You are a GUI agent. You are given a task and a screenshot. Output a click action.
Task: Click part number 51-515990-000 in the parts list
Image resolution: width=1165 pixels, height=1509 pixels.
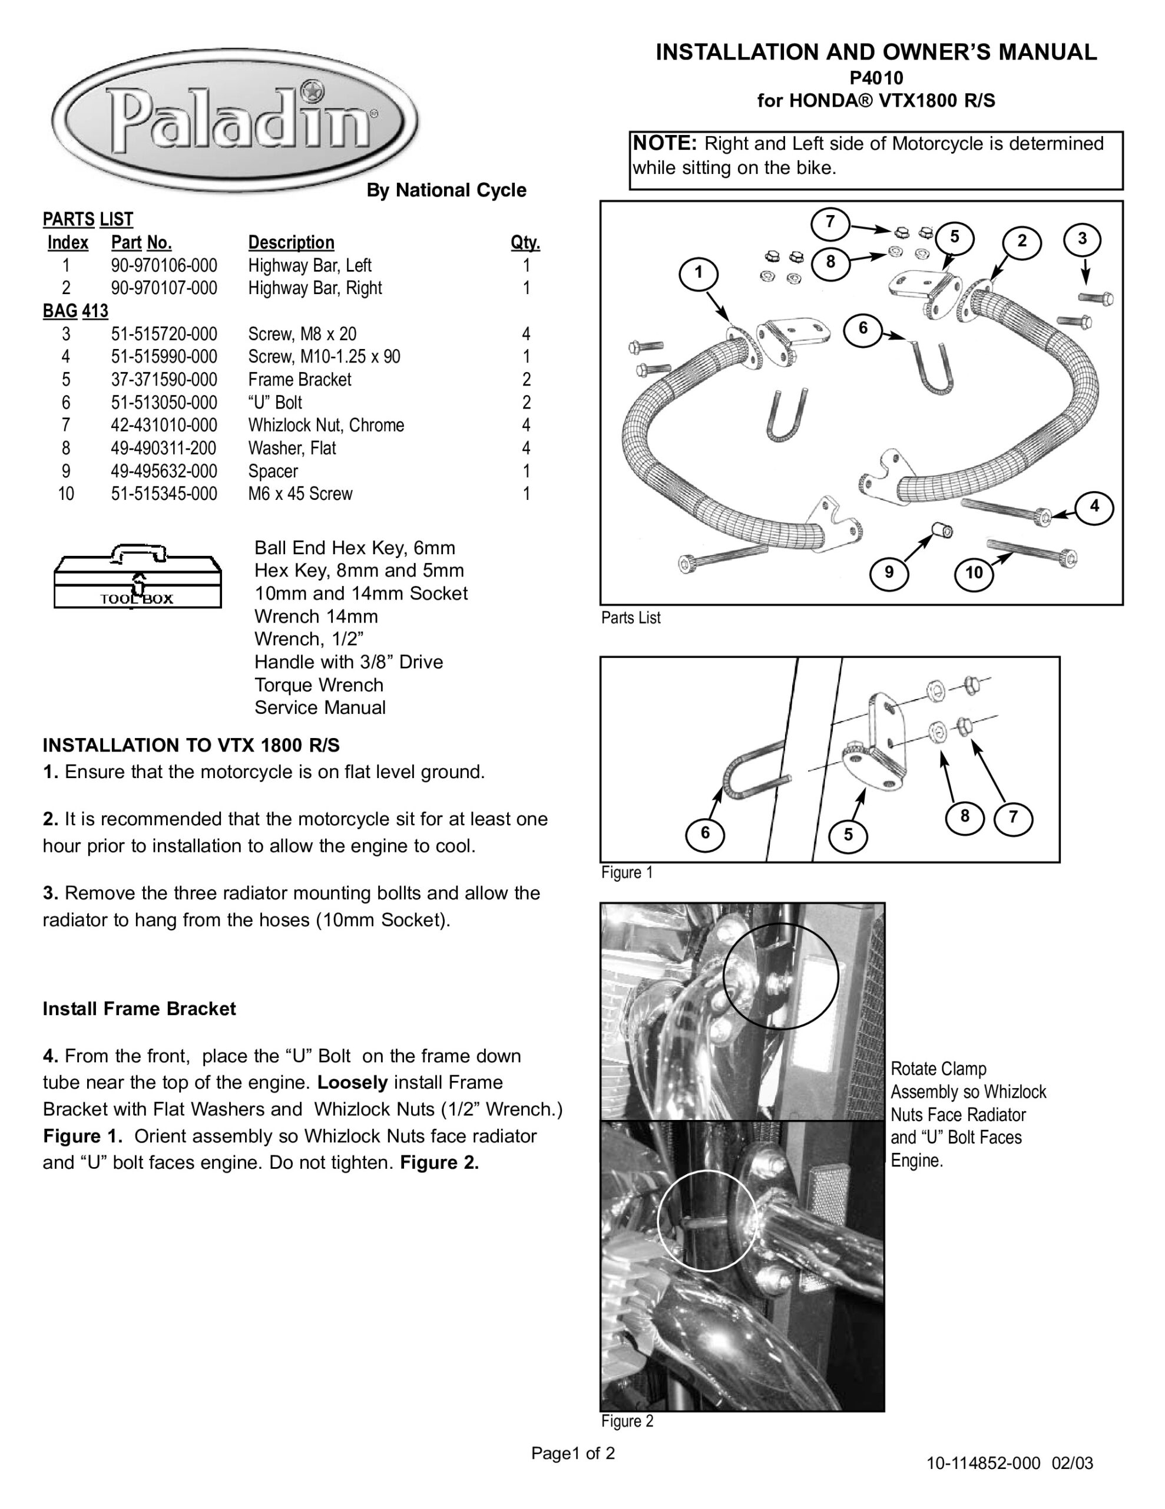click(164, 357)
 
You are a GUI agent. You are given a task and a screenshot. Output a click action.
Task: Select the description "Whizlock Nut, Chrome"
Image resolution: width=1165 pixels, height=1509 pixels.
click(326, 425)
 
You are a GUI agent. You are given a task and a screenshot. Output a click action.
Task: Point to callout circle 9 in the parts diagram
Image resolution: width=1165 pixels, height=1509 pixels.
click(889, 572)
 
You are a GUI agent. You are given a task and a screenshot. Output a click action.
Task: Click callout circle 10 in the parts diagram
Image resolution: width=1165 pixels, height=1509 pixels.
click(974, 573)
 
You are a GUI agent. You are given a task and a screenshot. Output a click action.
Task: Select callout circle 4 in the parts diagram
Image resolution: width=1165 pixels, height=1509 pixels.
click(1094, 506)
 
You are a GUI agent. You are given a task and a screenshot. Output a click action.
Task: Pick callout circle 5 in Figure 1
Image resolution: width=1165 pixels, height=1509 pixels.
click(848, 835)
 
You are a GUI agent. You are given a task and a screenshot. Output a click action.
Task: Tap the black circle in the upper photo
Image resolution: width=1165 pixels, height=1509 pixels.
click(780, 976)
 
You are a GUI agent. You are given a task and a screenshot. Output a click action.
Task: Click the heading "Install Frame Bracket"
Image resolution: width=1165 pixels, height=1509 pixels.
click(139, 1009)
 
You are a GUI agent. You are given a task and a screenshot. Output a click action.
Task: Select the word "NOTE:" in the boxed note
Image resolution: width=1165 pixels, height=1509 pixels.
click(665, 143)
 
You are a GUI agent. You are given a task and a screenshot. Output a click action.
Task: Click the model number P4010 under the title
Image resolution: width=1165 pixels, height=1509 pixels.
click(876, 77)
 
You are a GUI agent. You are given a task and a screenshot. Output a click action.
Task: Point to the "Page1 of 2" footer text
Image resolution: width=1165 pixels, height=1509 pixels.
click(572, 1453)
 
